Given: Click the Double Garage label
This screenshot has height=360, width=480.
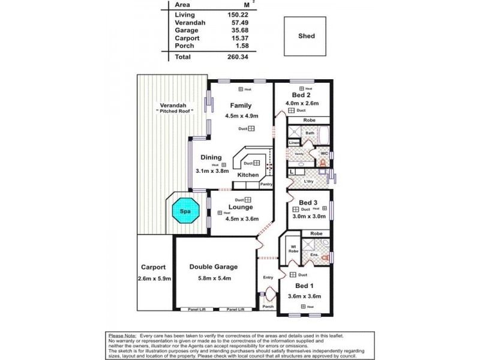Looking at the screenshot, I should pos(214,267).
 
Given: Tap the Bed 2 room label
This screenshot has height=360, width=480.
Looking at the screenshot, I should pos(301,95).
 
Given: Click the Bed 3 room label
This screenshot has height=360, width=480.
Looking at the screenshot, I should pos(308,202).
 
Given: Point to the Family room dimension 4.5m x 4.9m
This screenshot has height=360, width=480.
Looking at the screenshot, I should pos(241,116).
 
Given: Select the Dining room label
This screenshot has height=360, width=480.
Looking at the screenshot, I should pos(211,158).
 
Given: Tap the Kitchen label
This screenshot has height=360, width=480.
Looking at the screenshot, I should pos(248,175).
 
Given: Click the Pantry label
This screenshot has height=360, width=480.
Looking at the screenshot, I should pos(266,185).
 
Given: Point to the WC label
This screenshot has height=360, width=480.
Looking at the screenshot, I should pos(323,154).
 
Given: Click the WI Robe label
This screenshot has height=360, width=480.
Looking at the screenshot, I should pos(293,248).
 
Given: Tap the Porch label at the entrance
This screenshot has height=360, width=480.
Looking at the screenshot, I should pos(268,307).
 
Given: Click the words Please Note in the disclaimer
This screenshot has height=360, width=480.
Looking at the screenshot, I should pos(122,335).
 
